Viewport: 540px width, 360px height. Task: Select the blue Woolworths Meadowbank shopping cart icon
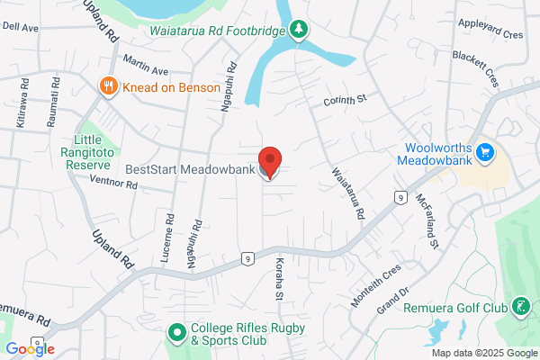pyautogui.click(x=487, y=152)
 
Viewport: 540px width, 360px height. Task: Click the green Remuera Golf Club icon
pyautogui.click(x=520, y=307)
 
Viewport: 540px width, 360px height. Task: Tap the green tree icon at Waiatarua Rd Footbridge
pyautogui.click(x=299, y=30)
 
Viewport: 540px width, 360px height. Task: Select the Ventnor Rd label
pyautogui.click(x=113, y=184)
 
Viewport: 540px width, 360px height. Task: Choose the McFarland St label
pyautogui.click(x=427, y=220)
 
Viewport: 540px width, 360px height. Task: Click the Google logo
pyautogui.click(x=30, y=349)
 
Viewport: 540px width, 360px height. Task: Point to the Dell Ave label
pyautogui.click(x=21, y=28)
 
